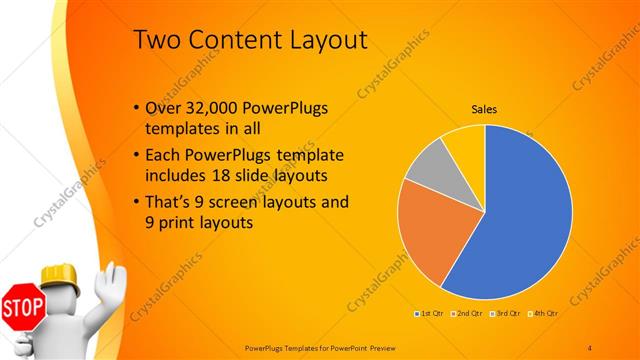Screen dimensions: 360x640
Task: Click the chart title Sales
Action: [484, 110]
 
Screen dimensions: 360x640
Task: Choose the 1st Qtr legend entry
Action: [430, 313]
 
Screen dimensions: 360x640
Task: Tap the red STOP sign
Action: [21, 306]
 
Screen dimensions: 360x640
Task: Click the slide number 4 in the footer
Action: [590, 346]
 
